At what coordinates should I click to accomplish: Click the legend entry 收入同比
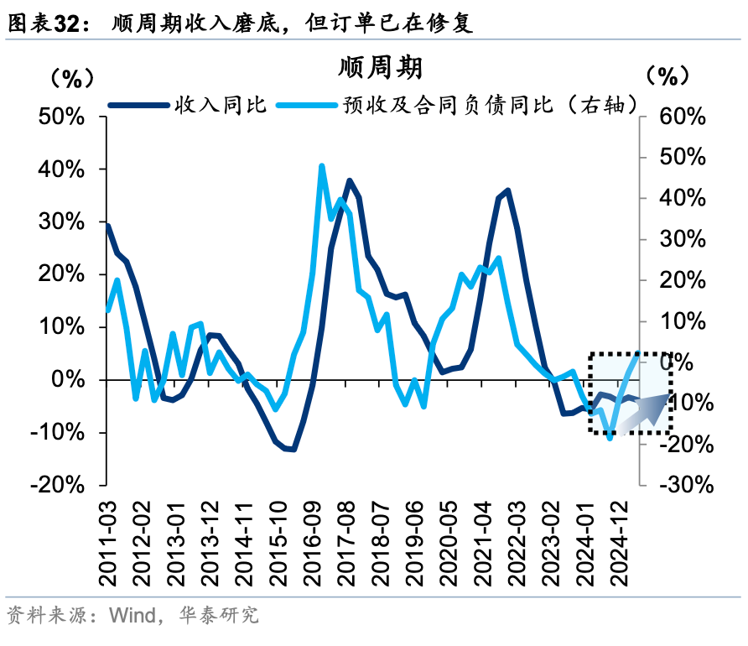coord(220,105)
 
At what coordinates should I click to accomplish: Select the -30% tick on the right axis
coord(685,486)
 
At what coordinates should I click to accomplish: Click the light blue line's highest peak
coord(322,166)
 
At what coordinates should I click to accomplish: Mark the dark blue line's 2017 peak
coord(349,180)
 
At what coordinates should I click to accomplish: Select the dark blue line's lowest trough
coord(293,450)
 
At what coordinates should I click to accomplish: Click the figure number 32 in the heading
coord(69,24)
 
